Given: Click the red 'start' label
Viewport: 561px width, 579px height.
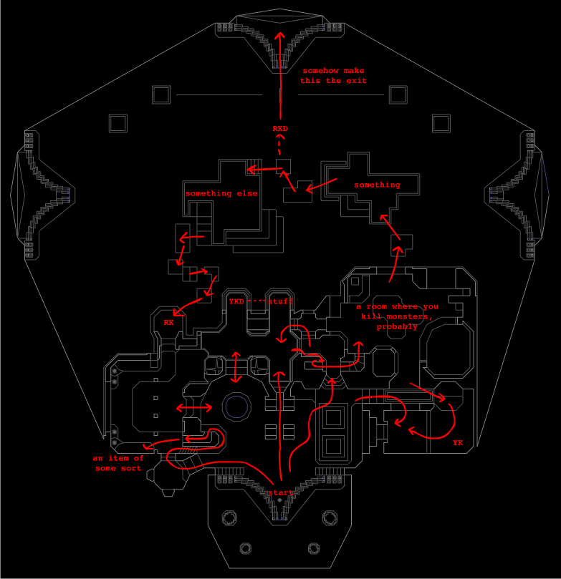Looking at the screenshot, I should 281,493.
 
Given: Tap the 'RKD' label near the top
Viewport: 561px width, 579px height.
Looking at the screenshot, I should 281,129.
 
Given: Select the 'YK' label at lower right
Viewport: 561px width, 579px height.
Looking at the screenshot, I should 458,443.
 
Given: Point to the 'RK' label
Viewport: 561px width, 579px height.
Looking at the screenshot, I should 168,323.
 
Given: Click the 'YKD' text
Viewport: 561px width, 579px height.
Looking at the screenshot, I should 236,302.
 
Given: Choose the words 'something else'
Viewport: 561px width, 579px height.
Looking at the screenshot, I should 221,193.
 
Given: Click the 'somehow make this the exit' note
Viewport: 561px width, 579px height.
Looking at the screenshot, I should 333,76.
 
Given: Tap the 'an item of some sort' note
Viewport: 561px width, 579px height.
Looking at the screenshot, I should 118,463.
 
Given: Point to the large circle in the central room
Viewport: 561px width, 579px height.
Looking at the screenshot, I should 236,407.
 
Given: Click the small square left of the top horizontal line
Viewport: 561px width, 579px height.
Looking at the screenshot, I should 161,94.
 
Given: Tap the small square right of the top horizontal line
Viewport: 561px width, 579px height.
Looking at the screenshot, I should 398,94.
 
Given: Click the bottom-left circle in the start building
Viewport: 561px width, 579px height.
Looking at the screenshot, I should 245,548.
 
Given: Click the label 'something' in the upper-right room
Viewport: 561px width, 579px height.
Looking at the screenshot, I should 377,185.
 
